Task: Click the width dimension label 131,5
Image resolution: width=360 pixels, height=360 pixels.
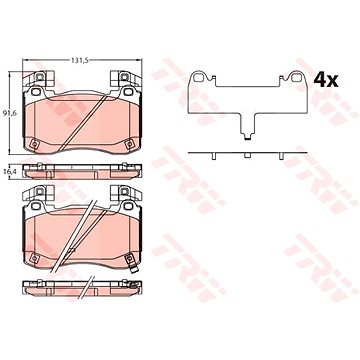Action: point(78,60)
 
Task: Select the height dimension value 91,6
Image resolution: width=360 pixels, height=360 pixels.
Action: point(8,113)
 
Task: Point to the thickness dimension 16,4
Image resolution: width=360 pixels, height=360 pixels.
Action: point(8,171)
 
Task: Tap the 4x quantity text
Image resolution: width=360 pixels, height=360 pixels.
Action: point(326,80)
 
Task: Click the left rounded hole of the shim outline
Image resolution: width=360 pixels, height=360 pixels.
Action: point(198,77)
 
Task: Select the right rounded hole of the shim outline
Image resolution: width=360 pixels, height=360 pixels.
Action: point(296,77)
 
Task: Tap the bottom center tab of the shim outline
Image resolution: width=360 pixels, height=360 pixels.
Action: point(247,136)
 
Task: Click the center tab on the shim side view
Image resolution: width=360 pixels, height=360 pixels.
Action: point(247,156)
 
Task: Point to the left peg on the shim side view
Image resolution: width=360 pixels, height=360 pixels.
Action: point(214,156)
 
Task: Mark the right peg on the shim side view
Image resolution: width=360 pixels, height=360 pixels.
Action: point(281,156)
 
